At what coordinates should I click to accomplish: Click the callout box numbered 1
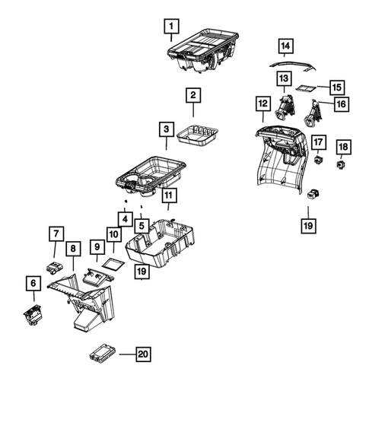point(173,30)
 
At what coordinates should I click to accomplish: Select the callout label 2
point(193,96)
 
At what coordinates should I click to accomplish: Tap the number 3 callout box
point(166,130)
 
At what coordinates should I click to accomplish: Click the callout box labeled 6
point(33,283)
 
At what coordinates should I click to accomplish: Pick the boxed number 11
point(168,195)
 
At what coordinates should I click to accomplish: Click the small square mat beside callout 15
point(306,89)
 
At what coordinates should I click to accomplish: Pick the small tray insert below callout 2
point(198,135)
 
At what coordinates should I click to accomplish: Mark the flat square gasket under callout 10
point(113,262)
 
